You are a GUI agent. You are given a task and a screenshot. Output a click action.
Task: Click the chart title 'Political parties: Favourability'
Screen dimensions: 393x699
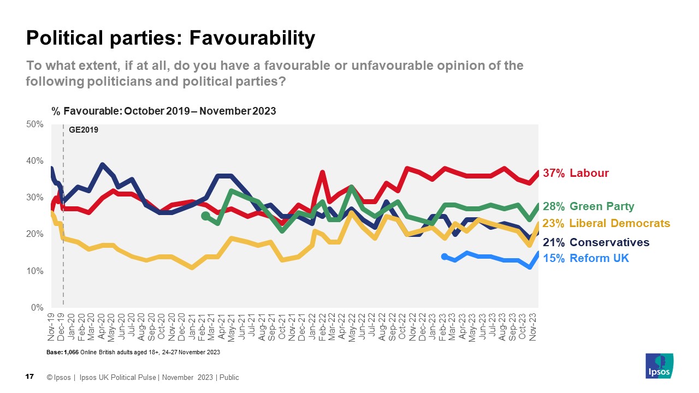point(170,38)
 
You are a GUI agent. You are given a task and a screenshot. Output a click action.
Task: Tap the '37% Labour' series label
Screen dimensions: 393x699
point(576,173)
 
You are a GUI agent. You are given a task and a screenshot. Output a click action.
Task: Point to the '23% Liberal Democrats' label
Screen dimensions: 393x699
point(606,223)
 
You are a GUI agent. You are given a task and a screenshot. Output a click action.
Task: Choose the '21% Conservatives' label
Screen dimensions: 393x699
point(596,242)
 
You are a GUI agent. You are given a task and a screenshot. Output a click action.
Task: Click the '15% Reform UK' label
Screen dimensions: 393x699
point(586,258)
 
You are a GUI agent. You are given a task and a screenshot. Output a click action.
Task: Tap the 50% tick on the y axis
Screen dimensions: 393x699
point(35,124)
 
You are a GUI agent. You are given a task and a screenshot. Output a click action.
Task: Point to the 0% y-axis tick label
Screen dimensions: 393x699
point(37,308)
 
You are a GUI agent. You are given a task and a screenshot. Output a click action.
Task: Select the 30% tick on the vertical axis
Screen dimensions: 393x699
point(35,198)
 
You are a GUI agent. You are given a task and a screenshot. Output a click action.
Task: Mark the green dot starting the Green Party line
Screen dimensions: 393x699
point(205,216)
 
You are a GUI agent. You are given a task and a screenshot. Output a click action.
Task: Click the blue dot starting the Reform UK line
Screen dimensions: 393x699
point(445,257)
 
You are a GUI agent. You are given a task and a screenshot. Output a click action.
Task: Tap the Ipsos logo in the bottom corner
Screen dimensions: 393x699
point(659,366)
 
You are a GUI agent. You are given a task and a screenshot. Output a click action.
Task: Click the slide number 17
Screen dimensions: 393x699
point(30,377)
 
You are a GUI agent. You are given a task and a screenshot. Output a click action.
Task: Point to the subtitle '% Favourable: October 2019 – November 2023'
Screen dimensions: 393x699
point(164,111)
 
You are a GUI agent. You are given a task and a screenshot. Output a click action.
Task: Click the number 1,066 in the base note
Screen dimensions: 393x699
point(72,353)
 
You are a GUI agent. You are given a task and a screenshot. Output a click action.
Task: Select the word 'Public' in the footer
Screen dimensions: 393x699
point(229,378)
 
